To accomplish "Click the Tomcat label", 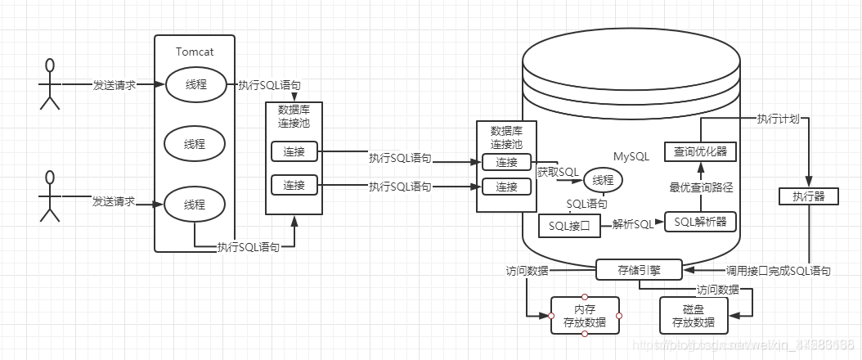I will point(194,52).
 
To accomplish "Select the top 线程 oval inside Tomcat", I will point(194,84).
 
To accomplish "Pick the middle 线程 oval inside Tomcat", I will point(194,144).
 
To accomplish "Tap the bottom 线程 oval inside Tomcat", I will point(194,204).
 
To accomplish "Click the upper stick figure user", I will point(50,83).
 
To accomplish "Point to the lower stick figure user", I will point(50,197).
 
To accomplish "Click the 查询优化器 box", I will point(700,151).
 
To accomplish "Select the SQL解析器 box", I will point(700,221).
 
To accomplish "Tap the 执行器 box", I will point(808,196).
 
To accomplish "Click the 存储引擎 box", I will point(639,269).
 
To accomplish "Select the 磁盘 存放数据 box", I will point(694,316).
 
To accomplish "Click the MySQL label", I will point(632,155).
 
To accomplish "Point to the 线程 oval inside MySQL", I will point(603,179).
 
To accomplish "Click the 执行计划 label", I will point(777,118).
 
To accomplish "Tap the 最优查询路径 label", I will point(701,187).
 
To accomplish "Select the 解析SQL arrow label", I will point(633,224).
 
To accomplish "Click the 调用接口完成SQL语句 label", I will point(778,270).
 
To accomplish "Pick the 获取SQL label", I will point(558,172).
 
